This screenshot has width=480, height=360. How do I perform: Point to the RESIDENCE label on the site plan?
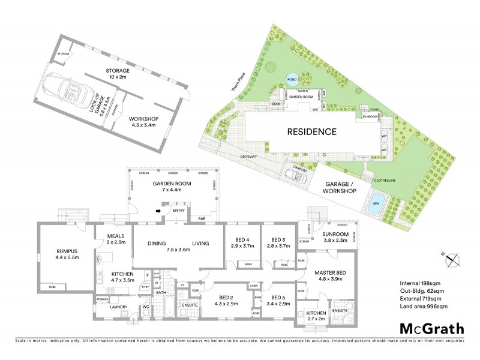(x=310, y=131)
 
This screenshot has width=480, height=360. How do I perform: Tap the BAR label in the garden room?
(x=202, y=218)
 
